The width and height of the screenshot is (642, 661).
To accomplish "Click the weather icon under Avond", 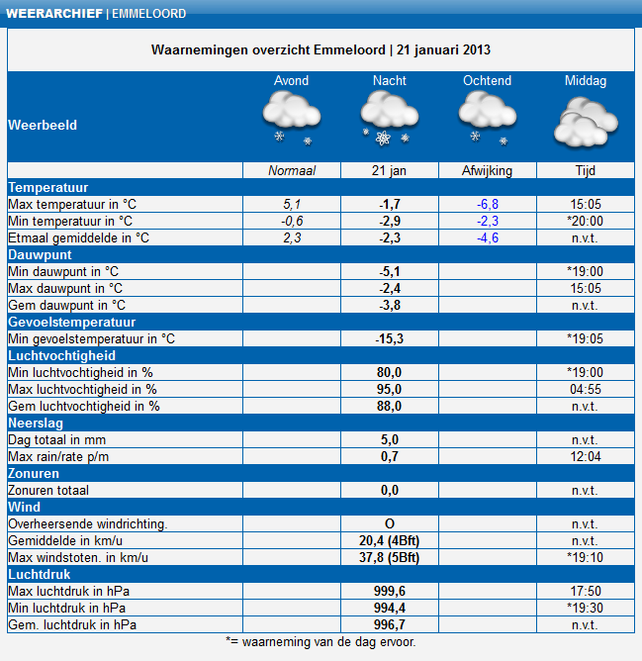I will click(290, 119).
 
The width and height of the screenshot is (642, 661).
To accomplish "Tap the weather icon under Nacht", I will click(389, 119).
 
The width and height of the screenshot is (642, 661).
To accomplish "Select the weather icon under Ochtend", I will click(487, 119).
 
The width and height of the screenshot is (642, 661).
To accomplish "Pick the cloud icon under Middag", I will click(585, 124).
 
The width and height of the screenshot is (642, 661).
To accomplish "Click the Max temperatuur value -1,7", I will click(389, 204).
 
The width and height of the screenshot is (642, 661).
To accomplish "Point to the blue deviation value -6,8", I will click(487, 204).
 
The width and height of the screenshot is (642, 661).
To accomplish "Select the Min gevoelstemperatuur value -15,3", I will click(389, 338).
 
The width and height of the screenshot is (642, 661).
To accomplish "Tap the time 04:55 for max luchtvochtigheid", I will click(585, 389).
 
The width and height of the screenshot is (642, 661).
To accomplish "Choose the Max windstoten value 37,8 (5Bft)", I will click(389, 557).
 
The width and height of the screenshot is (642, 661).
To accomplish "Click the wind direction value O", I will click(389, 523).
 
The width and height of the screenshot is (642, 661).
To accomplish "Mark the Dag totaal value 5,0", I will click(389, 439).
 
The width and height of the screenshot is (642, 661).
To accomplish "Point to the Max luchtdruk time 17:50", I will click(585, 591).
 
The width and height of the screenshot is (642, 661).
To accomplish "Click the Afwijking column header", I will click(487, 171).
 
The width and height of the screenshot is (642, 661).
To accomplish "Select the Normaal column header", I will click(291, 171).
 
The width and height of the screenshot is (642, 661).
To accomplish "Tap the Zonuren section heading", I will click(34, 473).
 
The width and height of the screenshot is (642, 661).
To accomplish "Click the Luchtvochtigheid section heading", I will click(61, 355).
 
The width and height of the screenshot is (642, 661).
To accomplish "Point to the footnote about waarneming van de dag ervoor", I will click(321, 642).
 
